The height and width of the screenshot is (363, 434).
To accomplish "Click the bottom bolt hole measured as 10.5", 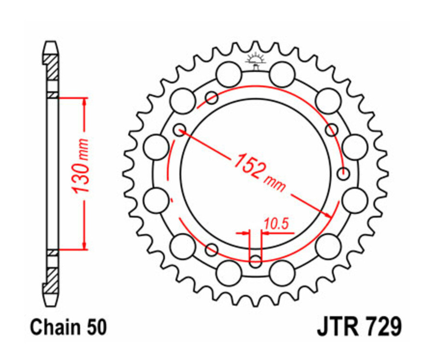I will (x=256, y=261).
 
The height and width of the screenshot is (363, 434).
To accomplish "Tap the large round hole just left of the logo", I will (x=229, y=75).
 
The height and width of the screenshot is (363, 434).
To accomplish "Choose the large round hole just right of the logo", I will (x=282, y=75).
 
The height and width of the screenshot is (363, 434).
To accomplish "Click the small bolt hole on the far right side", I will (x=343, y=173).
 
